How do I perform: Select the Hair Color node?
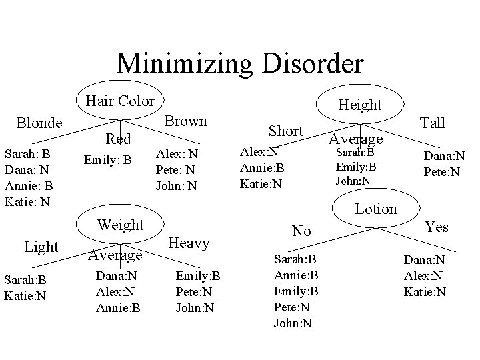(120, 101)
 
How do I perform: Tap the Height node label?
(360, 105)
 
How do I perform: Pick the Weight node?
(121, 225)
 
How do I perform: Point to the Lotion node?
(376, 209)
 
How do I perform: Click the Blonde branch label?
(40, 123)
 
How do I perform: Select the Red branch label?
(119, 139)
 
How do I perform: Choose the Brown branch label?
(185, 121)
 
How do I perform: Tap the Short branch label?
(285, 131)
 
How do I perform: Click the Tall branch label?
(432, 122)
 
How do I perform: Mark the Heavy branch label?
(189, 243)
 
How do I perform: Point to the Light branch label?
(41, 247)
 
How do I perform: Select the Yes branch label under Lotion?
(437, 227)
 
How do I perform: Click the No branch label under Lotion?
(302, 231)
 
